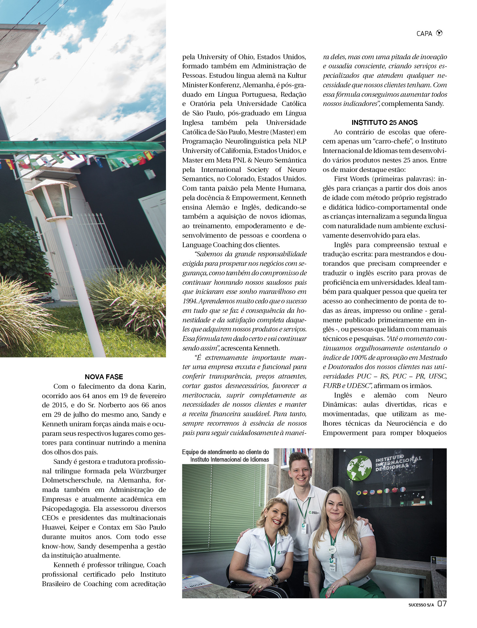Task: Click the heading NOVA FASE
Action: (104, 377)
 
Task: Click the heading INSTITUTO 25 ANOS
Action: (384, 123)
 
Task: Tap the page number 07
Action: (442, 603)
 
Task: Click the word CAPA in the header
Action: (424, 34)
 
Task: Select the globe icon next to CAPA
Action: (439, 33)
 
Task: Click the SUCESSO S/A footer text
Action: (421, 605)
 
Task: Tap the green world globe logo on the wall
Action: (359, 468)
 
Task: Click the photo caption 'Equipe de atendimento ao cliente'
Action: (225, 452)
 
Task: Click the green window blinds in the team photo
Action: (222, 510)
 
